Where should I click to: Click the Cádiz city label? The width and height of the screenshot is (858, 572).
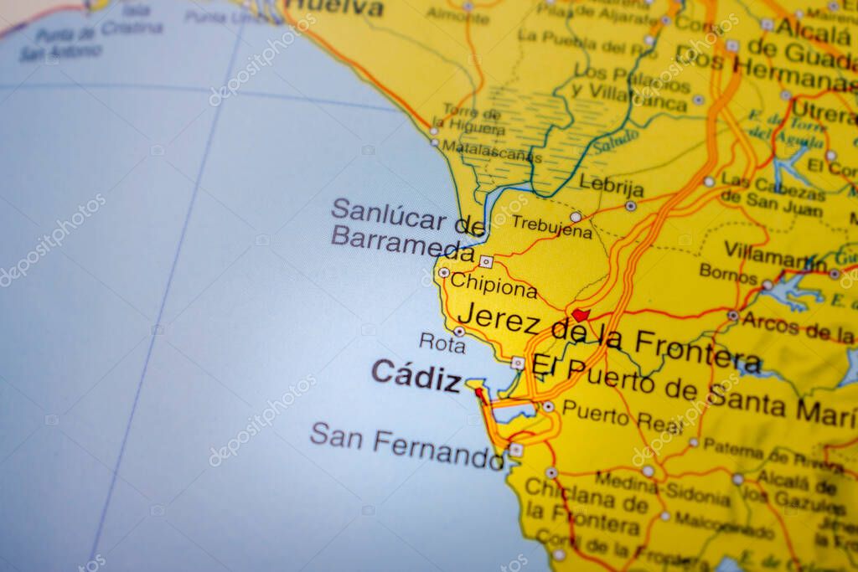416,374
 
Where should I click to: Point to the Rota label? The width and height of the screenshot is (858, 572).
442,342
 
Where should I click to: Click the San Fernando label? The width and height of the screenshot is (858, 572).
406,446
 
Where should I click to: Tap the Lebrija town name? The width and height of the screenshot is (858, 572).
612,186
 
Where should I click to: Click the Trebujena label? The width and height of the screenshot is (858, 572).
551,226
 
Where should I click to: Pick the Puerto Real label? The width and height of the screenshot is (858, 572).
622,416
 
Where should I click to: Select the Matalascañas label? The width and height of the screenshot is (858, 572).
492,152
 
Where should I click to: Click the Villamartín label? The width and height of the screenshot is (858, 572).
775,254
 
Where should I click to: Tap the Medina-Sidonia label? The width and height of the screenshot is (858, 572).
663,488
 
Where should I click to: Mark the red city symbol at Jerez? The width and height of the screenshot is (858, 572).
580,316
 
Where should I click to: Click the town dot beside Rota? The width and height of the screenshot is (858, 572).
459,332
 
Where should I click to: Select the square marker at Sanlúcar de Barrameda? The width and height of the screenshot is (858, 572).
486,261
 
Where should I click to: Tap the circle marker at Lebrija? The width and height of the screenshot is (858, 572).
630,205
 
